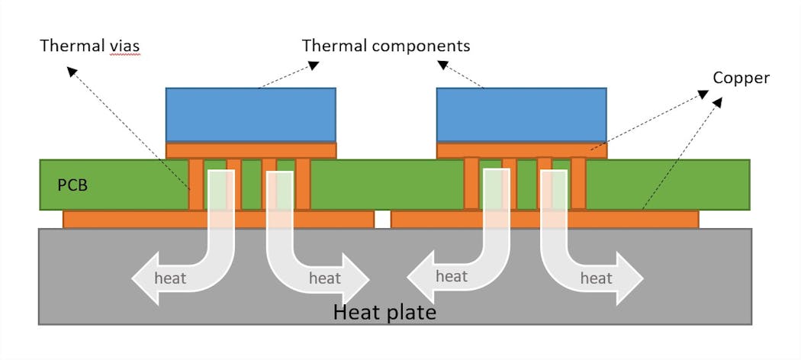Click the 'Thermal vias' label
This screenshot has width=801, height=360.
click(x=89, y=47)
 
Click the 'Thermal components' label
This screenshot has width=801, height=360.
click(x=386, y=45)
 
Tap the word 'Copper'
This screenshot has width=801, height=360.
click(x=741, y=78)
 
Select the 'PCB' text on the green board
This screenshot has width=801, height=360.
click(x=72, y=184)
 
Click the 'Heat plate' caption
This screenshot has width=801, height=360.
click(x=385, y=312)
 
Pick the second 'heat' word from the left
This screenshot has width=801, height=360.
click(x=324, y=278)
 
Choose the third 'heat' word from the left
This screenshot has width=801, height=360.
click(x=451, y=275)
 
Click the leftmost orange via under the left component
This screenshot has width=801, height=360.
click(x=196, y=184)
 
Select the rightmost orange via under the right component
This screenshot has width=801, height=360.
click(x=578, y=183)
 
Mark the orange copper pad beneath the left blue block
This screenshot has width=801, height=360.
click(x=250, y=150)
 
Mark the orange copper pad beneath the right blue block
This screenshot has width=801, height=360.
click(x=521, y=150)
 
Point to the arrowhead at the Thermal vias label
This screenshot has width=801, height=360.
click(x=70, y=70)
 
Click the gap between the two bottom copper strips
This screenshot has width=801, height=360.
click(x=382, y=220)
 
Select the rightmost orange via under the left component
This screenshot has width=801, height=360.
click(x=303, y=184)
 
